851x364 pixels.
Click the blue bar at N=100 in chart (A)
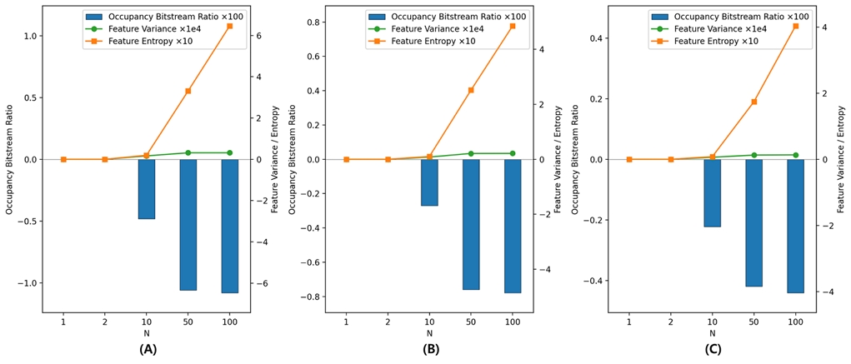[229, 226]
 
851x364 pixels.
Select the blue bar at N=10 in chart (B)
[429, 182]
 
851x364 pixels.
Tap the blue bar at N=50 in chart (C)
[753, 222]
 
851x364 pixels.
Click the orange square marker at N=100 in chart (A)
[229, 27]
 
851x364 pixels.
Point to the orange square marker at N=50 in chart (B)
[471, 90]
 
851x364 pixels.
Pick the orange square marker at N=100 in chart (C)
[795, 26]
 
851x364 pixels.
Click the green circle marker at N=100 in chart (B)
[513, 153]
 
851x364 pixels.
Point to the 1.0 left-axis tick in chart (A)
[30, 36]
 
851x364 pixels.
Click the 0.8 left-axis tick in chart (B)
[313, 22]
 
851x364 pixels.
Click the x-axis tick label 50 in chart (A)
[188, 322]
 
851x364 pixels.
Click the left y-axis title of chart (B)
[293, 159]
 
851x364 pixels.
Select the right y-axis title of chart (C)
[843, 159]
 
